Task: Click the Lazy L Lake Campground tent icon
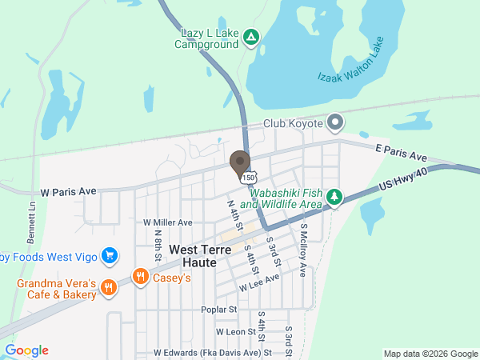[251, 37]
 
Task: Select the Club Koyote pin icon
[335, 123]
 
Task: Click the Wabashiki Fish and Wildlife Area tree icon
[336, 197]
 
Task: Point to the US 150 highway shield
[250, 177]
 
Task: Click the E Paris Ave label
[401, 153]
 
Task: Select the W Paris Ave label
[68, 192]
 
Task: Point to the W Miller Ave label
[168, 222]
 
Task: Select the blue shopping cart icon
[110, 256]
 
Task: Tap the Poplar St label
[220, 309]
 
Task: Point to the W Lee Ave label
[259, 282]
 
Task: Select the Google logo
[27, 350]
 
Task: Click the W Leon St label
[234, 331]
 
